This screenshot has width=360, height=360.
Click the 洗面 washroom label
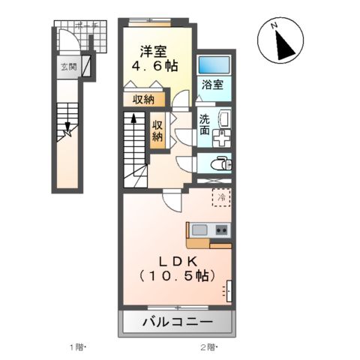[205, 124]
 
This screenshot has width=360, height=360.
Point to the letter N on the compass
[274, 28]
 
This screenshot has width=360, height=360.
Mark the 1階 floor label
[77, 347]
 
